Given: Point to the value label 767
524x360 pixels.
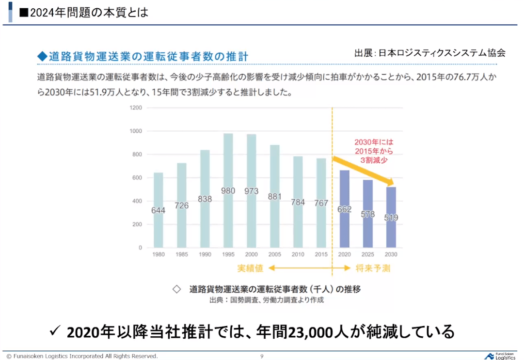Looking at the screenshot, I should point(321,203).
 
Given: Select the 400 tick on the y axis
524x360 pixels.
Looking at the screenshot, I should point(137,201).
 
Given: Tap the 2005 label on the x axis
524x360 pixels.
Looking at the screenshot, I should point(274,255).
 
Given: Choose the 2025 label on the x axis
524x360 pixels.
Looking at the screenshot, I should point(367,255).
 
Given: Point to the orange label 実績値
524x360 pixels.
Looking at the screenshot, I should point(250,267).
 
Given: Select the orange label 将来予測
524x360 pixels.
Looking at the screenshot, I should point(374,267).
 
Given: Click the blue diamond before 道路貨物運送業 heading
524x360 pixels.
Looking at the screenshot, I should point(42,57).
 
